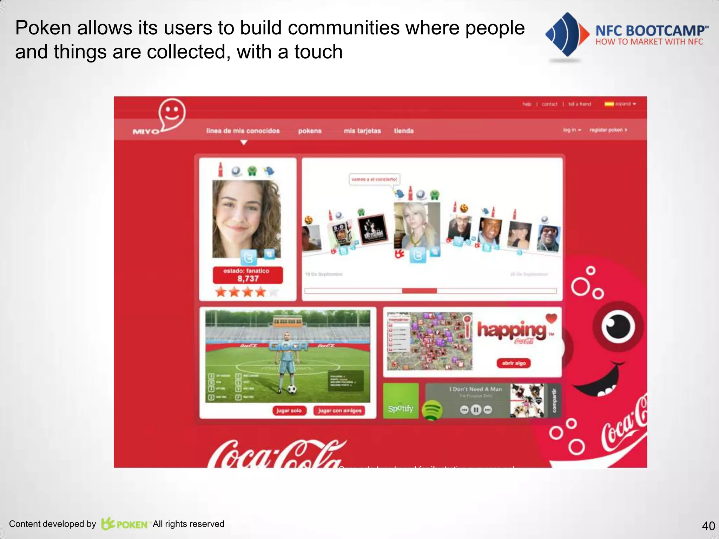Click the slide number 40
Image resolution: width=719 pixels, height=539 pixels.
pyautogui.click(x=708, y=526)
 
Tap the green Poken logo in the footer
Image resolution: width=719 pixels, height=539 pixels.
pyautogui.click(x=124, y=524)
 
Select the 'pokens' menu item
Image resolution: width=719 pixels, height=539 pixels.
pyautogui.click(x=310, y=131)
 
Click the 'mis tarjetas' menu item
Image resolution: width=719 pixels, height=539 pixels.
pyautogui.click(x=362, y=131)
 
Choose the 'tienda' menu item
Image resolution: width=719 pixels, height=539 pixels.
pyautogui.click(x=403, y=131)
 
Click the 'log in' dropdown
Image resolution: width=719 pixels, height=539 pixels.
pyautogui.click(x=572, y=130)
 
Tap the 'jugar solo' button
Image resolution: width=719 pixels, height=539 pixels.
pyautogui.click(x=289, y=411)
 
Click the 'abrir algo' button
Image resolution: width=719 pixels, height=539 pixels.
pyautogui.click(x=514, y=363)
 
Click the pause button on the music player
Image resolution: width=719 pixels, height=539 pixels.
pyautogui.click(x=476, y=410)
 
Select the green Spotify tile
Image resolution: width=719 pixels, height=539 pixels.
pyautogui.click(x=401, y=401)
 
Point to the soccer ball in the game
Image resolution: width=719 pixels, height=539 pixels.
pyautogui.click(x=292, y=389)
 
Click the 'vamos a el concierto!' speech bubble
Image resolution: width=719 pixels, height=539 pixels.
pyautogui.click(x=374, y=179)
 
